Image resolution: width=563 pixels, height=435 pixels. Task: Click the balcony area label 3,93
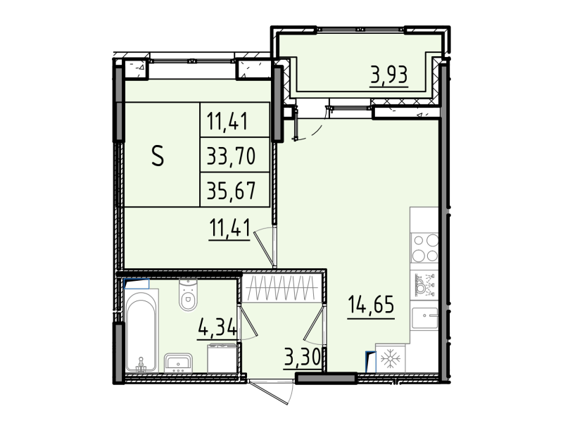[x=389, y=72]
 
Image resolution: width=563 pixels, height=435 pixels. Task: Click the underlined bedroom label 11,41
[x=229, y=228]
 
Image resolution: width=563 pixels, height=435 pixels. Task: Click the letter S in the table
[x=158, y=156]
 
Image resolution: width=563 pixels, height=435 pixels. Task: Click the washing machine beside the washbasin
[x=222, y=359]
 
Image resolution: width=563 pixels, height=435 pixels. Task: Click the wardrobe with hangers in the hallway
[x=281, y=289]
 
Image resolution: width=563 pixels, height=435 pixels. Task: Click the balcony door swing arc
[x=310, y=127]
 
